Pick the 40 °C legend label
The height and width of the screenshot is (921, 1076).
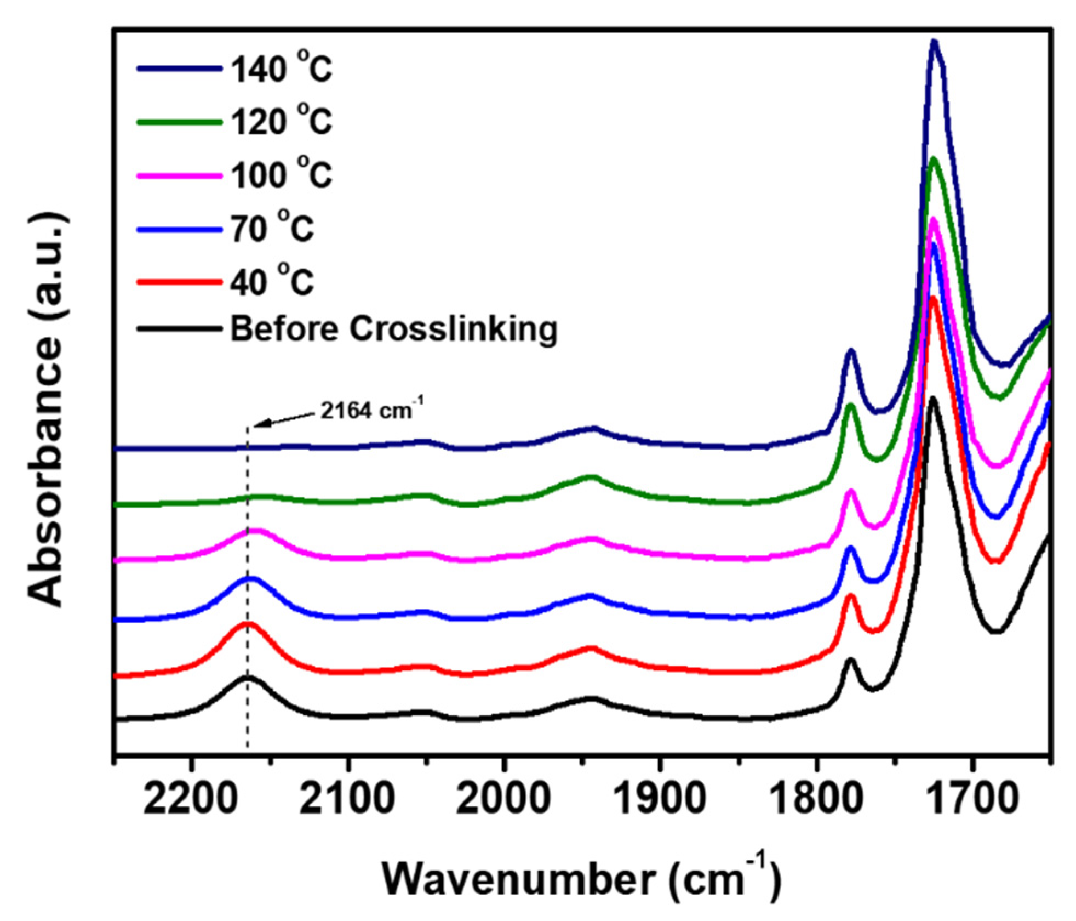[x=271, y=281]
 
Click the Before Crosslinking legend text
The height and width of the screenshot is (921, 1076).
[x=393, y=329]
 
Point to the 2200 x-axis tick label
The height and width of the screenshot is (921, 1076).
[x=191, y=799]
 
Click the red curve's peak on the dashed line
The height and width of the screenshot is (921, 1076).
[x=248, y=623]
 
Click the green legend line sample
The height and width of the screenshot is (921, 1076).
[x=179, y=122]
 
